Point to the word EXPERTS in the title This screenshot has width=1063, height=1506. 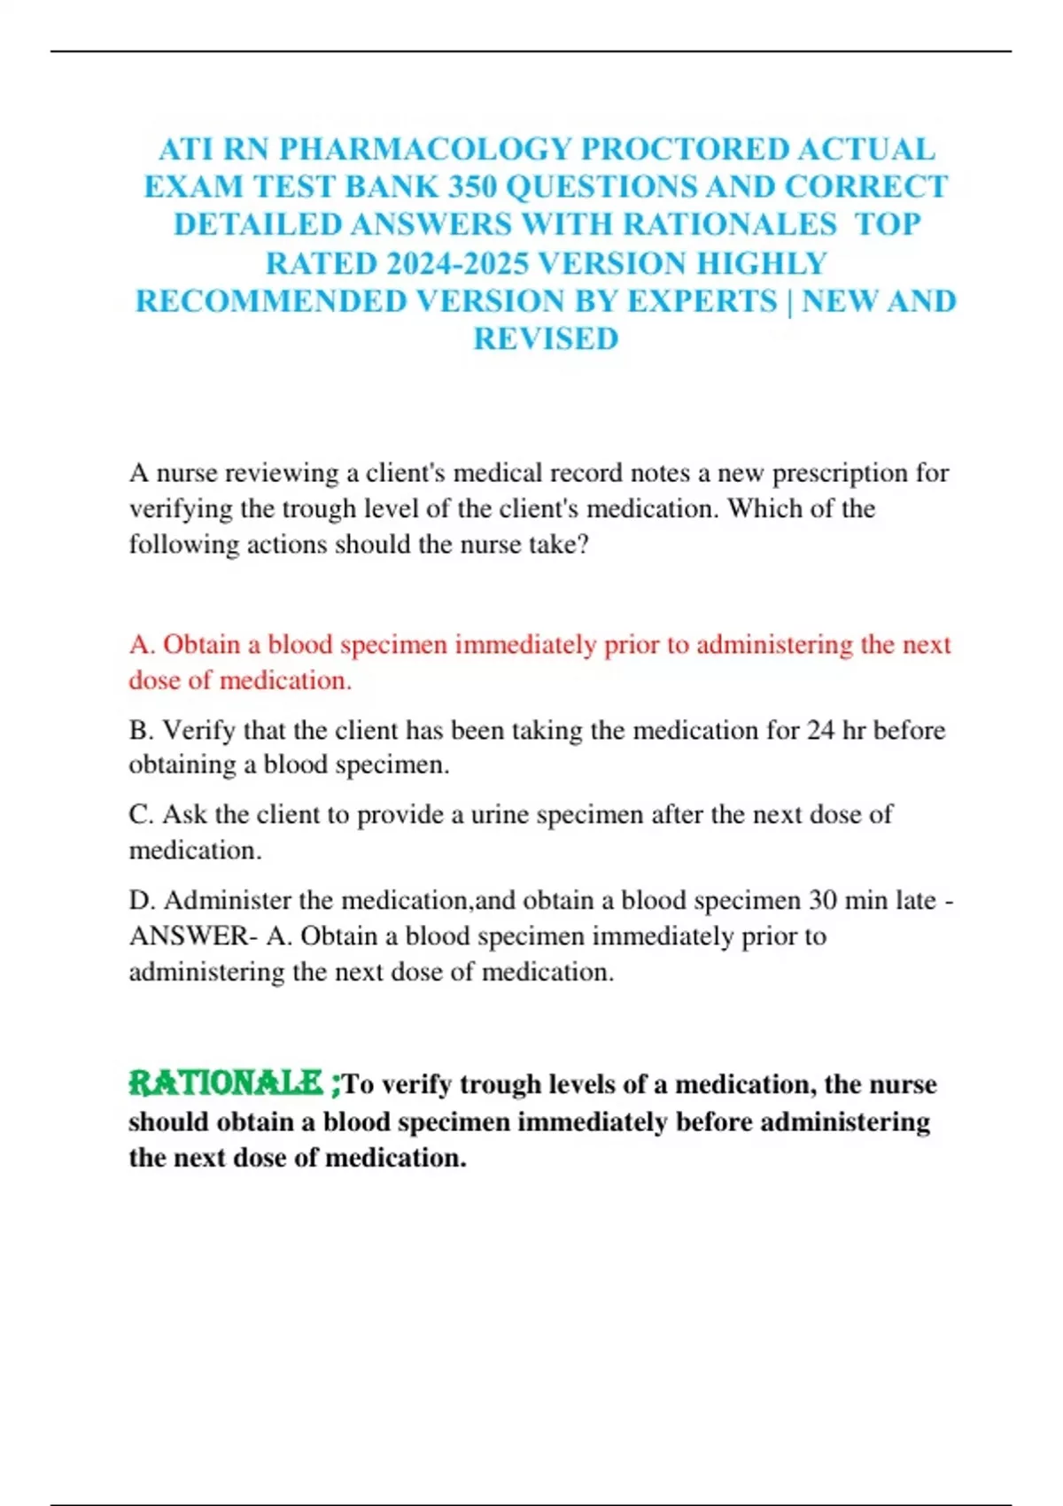point(702,301)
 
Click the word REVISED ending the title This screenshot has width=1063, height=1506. point(546,339)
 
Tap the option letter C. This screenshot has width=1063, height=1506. point(141,814)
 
